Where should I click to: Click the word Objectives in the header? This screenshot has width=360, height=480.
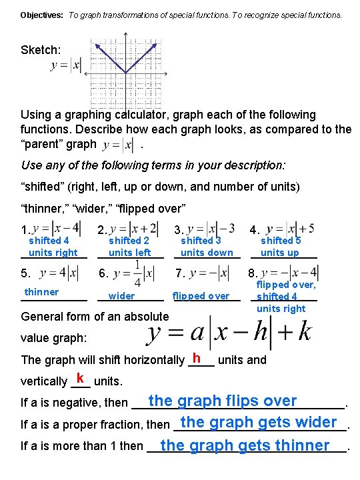tap(41, 14)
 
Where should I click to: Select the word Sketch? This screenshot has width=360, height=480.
tap(41, 50)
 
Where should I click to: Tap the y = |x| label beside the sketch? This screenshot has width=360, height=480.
tap(65, 65)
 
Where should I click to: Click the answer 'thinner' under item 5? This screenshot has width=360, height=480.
tap(41, 292)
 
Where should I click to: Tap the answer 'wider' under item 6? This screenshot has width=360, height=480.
tap(121, 296)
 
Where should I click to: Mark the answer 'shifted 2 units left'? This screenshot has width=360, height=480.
tap(129, 247)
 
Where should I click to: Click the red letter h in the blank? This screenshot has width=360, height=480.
tap(196, 357)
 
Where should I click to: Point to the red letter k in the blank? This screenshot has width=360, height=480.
tap(80, 378)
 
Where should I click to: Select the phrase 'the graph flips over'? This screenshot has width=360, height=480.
tap(223, 401)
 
